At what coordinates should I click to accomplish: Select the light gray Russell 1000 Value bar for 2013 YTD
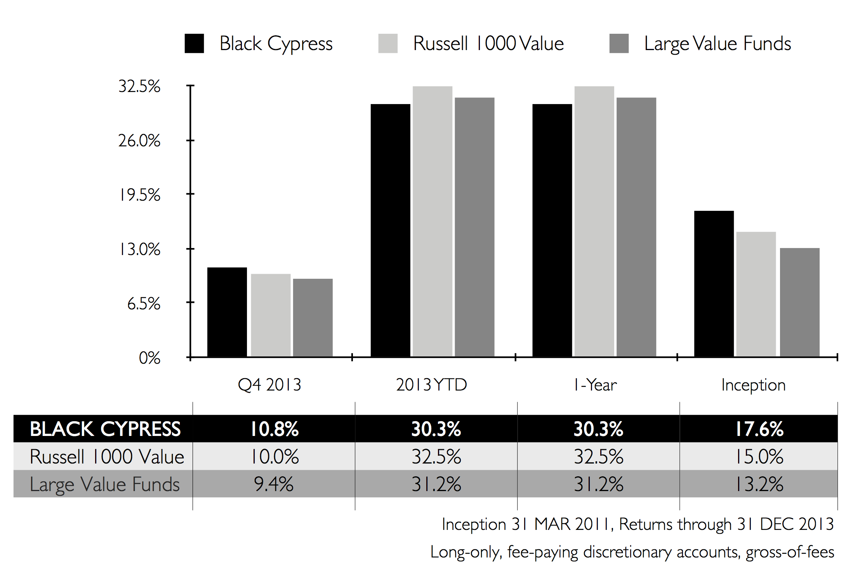[432, 221]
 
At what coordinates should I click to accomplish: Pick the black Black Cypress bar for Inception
[714, 283]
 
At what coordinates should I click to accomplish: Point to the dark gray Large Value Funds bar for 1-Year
[636, 227]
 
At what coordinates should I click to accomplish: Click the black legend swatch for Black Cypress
[194, 43]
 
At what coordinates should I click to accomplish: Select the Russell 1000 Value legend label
[488, 43]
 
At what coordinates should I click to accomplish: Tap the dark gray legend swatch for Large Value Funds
[619, 43]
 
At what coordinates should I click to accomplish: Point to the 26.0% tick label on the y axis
[139, 141]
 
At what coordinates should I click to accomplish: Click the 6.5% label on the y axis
[144, 304]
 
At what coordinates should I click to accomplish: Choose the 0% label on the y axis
[149, 358]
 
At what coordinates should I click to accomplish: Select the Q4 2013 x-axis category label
[269, 385]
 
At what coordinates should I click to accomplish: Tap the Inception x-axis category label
[753, 385]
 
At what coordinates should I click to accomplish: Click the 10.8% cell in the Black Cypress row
[274, 429]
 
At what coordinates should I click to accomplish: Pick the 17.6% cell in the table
[759, 429]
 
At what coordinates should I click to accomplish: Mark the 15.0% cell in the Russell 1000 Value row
[759, 457]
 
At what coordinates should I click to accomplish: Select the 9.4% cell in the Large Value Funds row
[274, 484]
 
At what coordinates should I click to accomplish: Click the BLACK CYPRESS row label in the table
[105, 429]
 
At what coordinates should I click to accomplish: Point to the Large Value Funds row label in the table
[105, 484]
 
